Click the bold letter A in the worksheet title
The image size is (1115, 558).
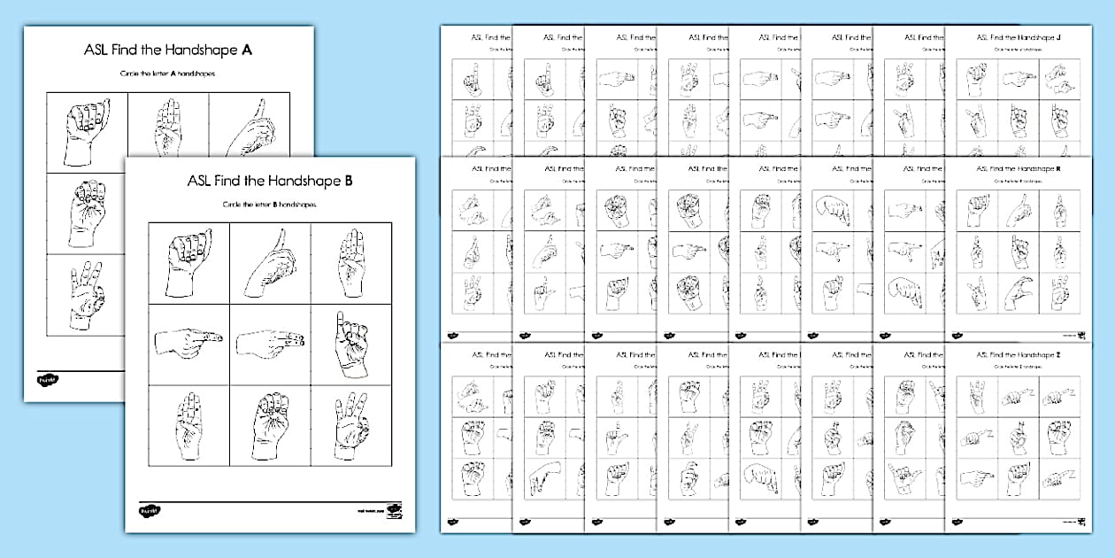tap(247, 50)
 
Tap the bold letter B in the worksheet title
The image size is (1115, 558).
tap(349, 181)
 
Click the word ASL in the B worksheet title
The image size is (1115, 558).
tap(202, 181)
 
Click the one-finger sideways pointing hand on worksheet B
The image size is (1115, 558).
tap(188, 343)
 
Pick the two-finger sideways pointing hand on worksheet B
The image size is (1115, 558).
tap(271, 343)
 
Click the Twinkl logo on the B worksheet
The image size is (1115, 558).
tap(149, 511)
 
